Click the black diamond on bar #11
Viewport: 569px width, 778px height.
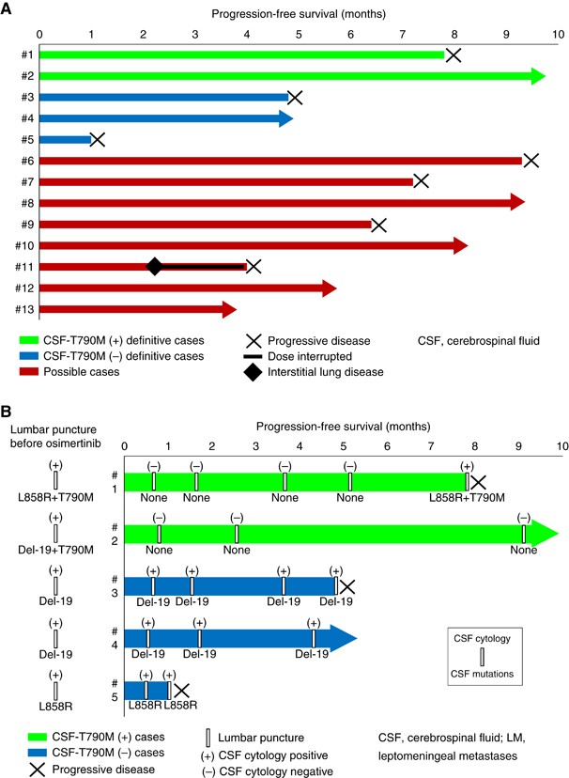[155, 266]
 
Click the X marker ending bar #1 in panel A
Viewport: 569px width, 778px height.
[454, 55]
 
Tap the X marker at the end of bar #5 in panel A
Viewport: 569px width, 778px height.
[97, 139]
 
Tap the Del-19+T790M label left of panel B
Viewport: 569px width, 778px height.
[56, 549]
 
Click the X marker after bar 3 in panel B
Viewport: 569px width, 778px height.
[346, 587]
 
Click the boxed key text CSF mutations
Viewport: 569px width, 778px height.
[483, 672]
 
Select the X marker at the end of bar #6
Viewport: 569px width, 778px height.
[531, 161]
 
